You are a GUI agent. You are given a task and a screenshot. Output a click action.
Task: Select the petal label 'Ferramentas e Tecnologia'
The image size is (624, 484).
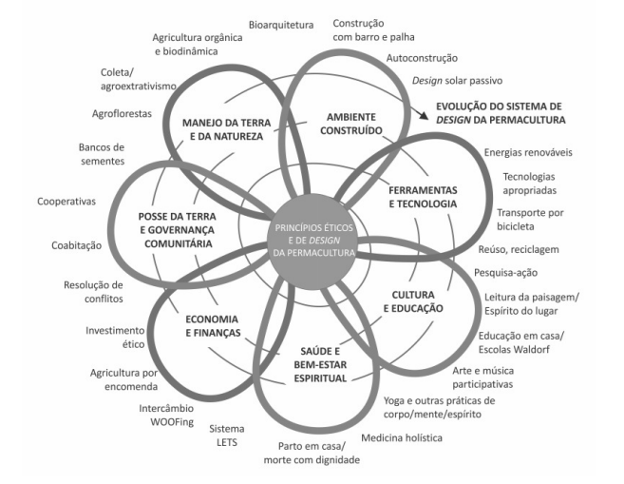coord(423,196)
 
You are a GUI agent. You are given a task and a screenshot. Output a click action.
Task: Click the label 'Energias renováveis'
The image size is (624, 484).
coord(528,152)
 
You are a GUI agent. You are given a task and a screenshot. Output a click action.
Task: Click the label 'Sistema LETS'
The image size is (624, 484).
coord(227,436)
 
